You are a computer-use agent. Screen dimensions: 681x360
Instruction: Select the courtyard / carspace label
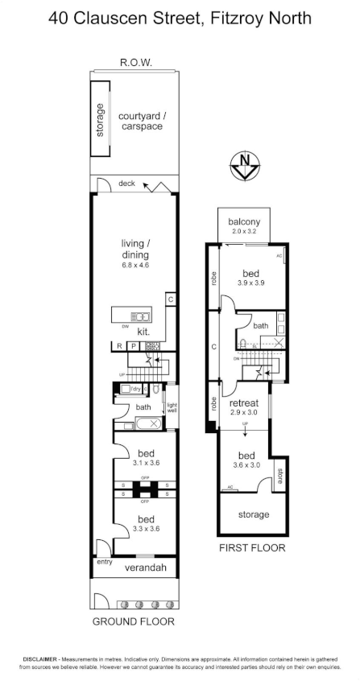[140, 120]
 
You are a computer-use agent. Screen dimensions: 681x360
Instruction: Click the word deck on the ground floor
[126, 184]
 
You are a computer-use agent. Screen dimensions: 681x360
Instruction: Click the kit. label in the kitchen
[144, 332]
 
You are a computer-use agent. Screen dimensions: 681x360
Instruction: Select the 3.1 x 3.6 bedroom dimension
[145, 463]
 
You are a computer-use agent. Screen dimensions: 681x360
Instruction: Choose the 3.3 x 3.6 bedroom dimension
[145, 530]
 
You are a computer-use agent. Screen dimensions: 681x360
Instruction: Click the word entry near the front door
[105, 563]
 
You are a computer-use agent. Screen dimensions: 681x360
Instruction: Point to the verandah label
[145, 568]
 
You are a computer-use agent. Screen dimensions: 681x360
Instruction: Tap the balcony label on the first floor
[244, 222]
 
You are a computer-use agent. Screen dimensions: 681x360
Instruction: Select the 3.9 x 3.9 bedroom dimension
[252, 283]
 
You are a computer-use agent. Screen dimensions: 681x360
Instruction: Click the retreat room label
[244, 402]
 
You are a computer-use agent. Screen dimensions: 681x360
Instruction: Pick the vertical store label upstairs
[280, 477]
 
